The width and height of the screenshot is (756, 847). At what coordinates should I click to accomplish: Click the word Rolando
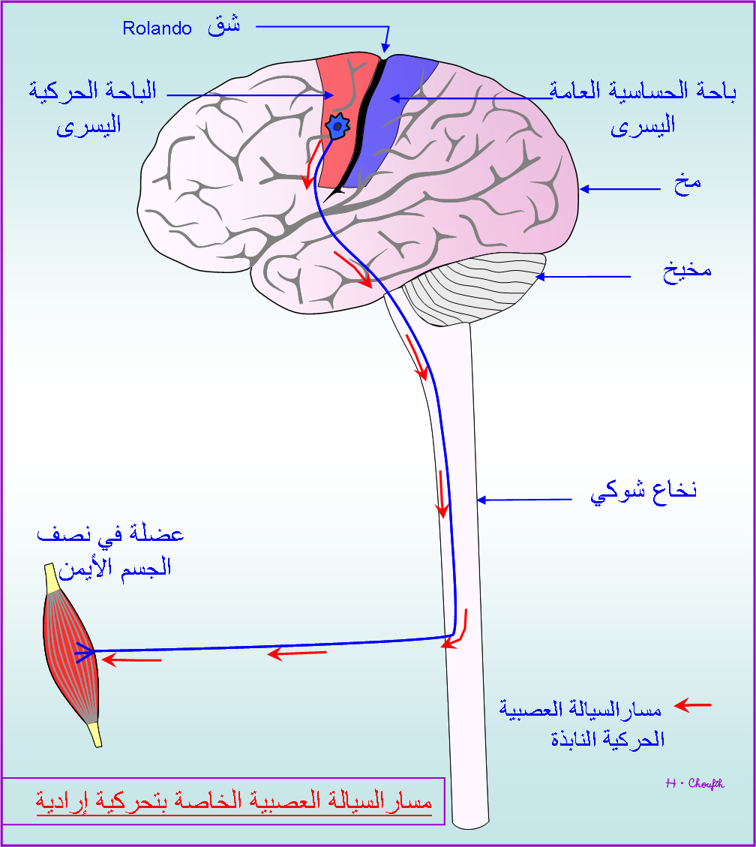pos(157,29)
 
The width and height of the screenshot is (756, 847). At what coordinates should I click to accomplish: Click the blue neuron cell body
pos(337,128)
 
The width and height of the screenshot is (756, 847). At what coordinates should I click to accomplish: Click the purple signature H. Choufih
pos(694,784)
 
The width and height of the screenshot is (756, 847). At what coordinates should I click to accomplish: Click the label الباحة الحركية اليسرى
pos(91,107)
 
